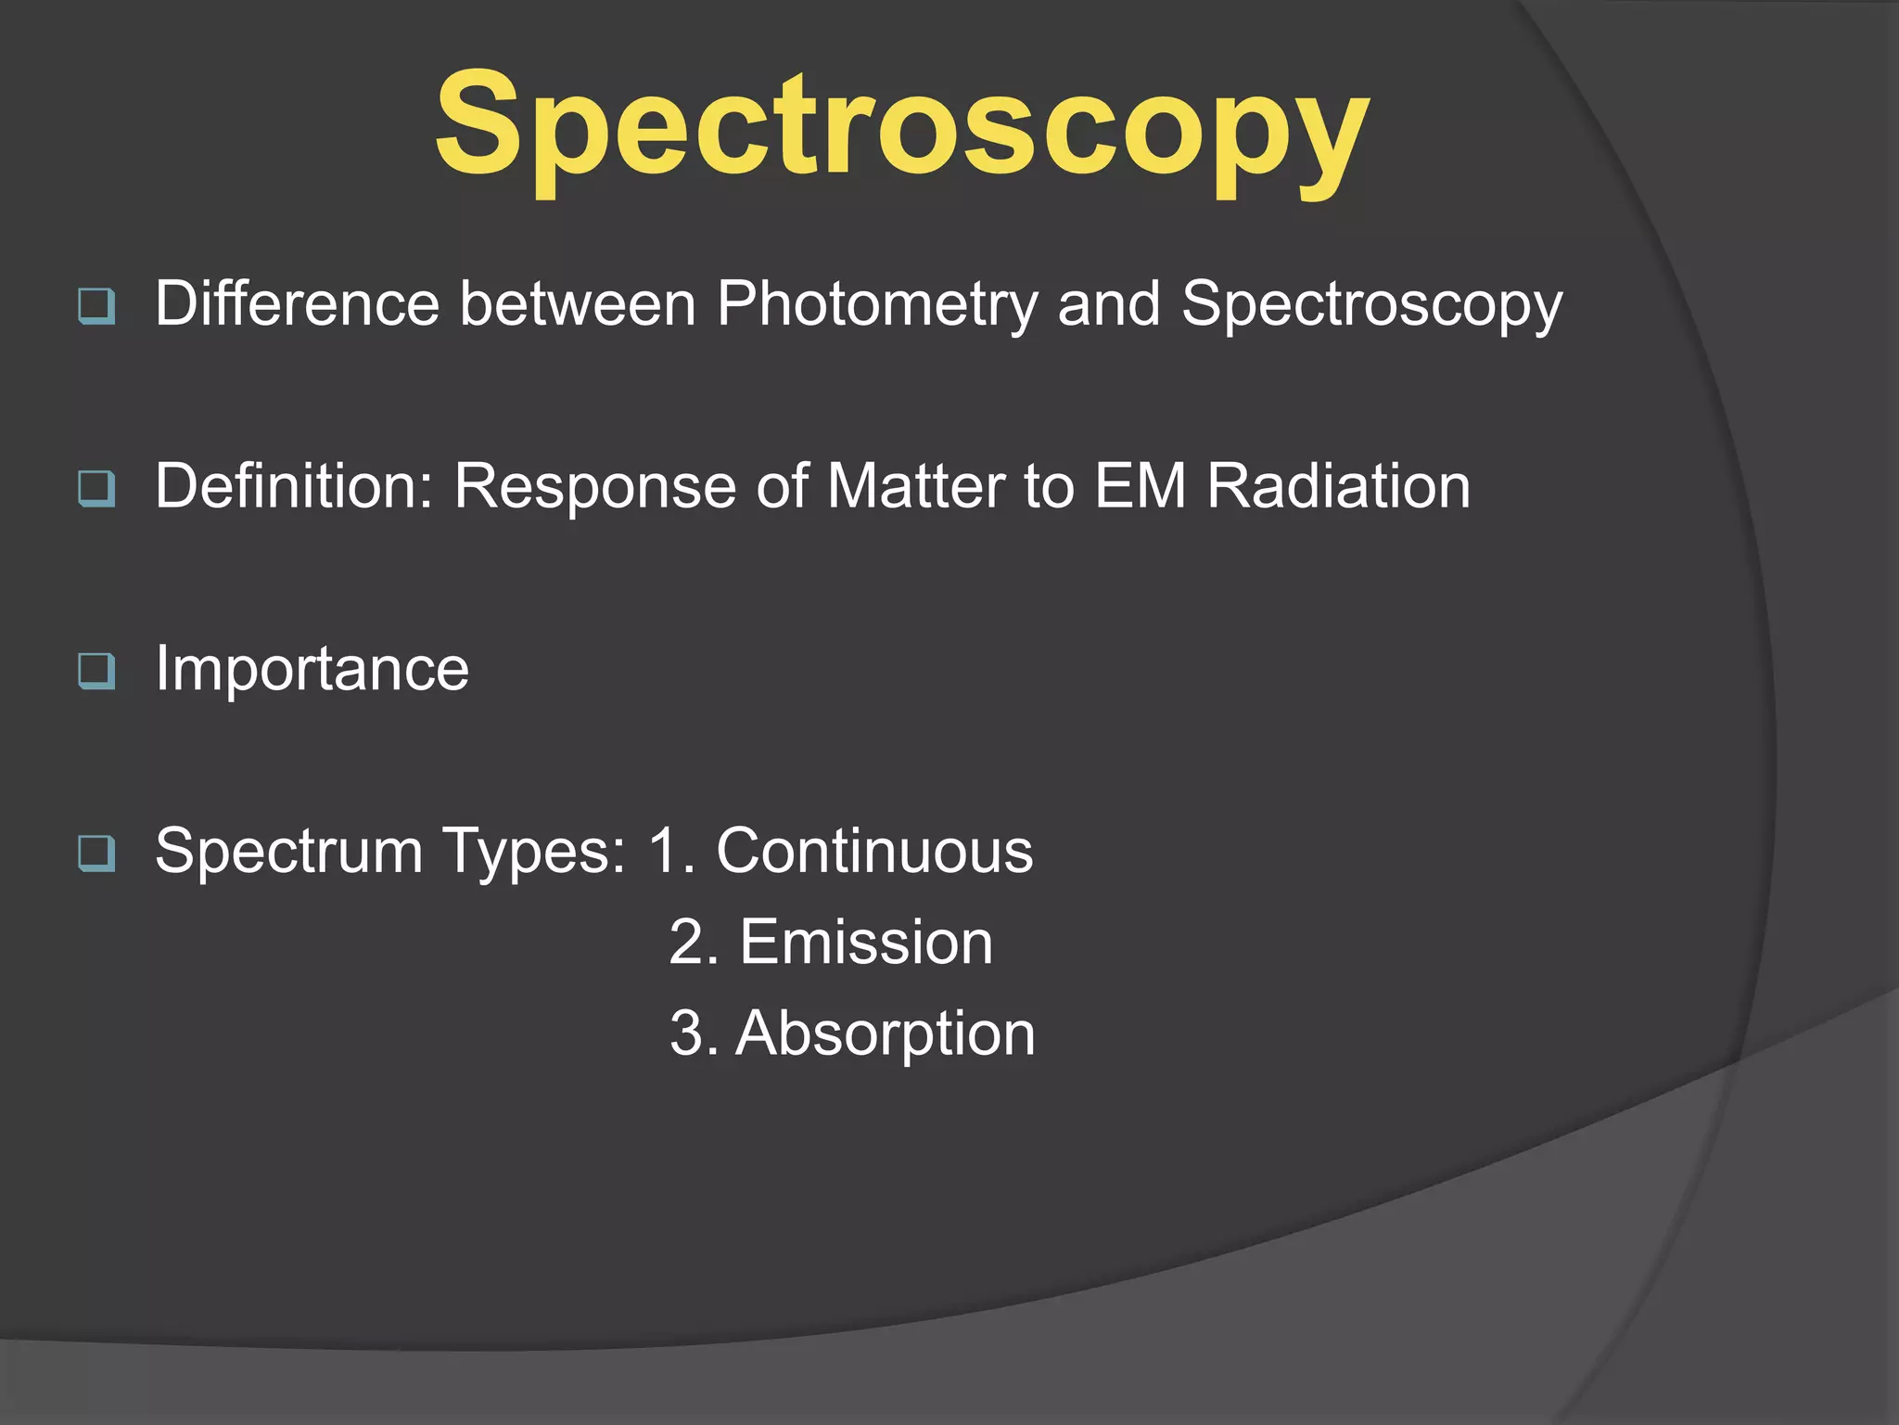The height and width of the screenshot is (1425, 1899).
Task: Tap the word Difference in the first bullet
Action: click(297, 303)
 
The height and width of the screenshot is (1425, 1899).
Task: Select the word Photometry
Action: click(877, 305)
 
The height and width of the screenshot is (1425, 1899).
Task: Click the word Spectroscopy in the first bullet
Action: click(1372, 305)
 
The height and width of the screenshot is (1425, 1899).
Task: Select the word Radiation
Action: click(1339, 485)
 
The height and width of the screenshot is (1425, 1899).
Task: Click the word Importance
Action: click(312, 668)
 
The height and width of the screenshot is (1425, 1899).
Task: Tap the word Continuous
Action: click(874, 850)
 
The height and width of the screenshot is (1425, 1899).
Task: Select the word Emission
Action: click(866, 942)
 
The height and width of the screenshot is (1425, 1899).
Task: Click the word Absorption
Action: click(886, 1033)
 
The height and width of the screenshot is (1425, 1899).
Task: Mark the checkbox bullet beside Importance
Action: click(97, 671)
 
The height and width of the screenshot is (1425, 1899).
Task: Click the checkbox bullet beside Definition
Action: click(97, 488)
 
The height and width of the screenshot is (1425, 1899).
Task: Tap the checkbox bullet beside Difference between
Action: click(97, 305)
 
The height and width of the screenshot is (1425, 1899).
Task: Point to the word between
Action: click(578, 303)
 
